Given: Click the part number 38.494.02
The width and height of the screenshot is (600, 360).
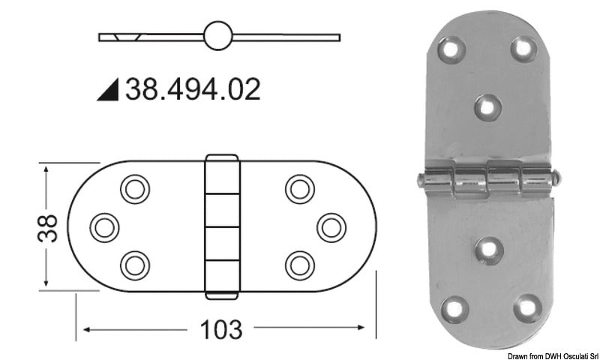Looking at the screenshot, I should click(x=193, y=89).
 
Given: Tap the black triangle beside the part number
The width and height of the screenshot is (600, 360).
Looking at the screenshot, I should click(x=108, y=89).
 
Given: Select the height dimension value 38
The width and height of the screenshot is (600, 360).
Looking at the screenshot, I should click(x=46, y=225).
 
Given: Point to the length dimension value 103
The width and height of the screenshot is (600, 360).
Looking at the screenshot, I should click(x=221, y=328).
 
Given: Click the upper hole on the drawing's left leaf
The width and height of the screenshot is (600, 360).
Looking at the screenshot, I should click(x=135, y=188).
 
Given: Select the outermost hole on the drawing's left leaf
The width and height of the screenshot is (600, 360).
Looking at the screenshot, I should click(x=103, y=225).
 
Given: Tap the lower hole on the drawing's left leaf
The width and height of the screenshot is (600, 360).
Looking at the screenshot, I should click(x=135, y=262).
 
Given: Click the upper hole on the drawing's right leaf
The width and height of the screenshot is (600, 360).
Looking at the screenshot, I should click(x=299, y=188).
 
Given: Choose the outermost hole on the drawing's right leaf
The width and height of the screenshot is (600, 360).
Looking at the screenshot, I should click(x=330, y=225).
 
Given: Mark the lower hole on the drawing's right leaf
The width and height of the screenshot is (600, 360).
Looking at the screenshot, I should click(x=299, y=262).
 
